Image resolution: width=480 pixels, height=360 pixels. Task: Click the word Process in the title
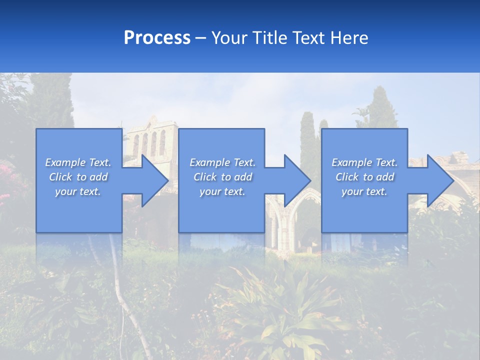(x=157, y=38)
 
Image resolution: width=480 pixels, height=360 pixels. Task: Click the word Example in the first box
(x=64, y=162)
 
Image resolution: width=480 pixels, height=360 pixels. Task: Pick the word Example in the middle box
(x=208, y=162)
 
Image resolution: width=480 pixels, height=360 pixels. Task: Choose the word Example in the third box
(x=350, y=162)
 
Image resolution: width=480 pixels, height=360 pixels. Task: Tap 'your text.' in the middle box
(x=222, y=191)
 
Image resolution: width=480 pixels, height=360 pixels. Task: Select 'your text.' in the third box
(x=364, y=191)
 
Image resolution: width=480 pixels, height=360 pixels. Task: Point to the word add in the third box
(x=384, y=177)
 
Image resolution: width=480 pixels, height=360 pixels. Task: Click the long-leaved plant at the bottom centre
(x=290, y=305)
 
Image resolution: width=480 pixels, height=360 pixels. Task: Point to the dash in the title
(x=201, y=38)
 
